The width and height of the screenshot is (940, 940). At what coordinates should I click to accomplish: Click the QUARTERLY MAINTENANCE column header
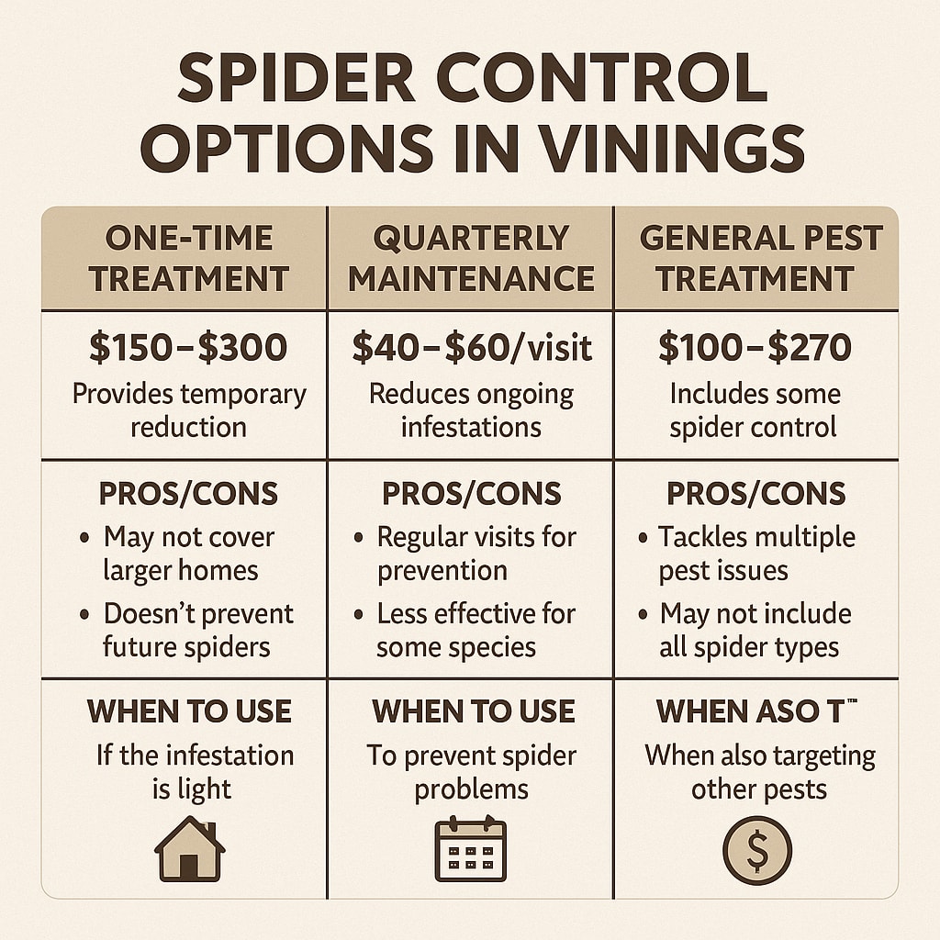coord(471,258)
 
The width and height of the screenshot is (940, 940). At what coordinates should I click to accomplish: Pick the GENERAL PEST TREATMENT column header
coord(759,258)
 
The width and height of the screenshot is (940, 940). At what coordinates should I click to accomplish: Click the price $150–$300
coord(188,348)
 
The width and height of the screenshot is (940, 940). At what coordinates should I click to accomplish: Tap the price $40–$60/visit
coord(472,348)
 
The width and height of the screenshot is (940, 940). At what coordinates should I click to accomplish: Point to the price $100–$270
coord(755,348)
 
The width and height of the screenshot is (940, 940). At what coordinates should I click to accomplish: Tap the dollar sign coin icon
coord(756,850)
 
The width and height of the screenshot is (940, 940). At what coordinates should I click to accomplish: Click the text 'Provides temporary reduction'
coord(188,410)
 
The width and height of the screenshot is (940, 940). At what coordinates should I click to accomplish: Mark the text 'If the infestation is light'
coord(194,772)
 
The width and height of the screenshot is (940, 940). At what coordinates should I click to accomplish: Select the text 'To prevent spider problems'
coord(471,772)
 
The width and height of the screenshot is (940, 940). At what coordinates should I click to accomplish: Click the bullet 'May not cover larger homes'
coord(188,554)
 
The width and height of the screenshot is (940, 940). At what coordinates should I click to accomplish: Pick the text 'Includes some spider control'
coord(755,410)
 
